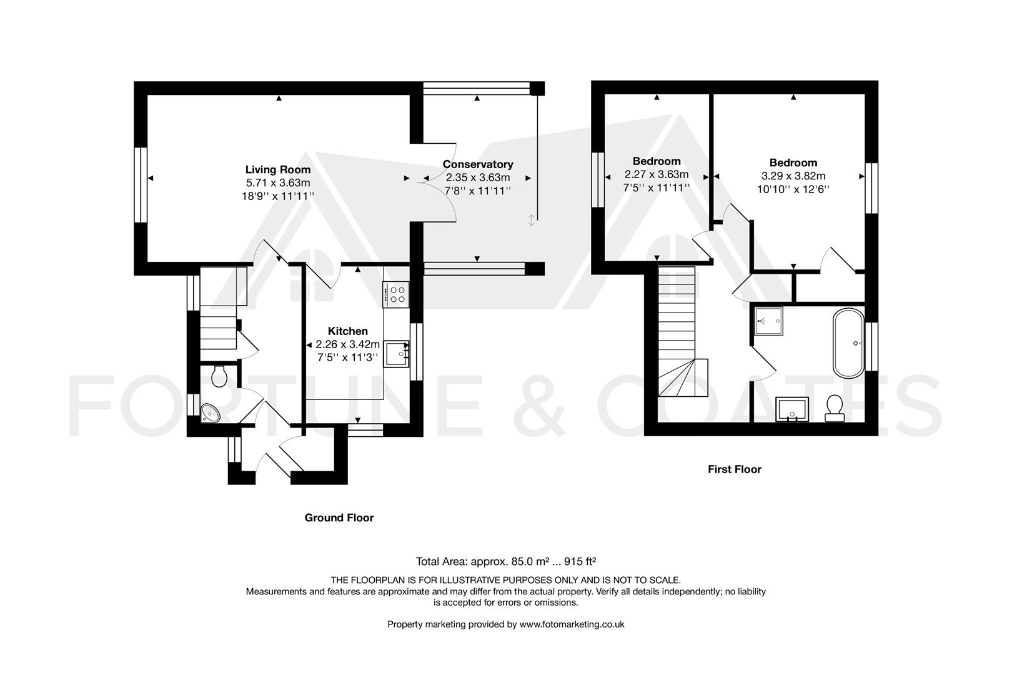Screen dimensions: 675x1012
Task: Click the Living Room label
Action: (277, 169)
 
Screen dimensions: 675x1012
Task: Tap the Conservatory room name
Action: (478, 164)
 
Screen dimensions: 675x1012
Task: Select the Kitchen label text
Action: (348, 331)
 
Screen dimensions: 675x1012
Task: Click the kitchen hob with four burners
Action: (396, 294)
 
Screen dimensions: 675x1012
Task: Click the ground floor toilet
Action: (219, 376)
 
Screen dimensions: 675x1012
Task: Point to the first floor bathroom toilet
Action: (834, 408)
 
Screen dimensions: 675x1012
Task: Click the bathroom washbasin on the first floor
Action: (792, 409)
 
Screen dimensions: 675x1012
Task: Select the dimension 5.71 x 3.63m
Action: (277, 183)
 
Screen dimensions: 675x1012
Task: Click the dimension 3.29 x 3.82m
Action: (793, 176)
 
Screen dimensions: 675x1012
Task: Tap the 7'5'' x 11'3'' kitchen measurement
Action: (347, 357)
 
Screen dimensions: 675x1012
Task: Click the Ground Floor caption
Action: (339, 517)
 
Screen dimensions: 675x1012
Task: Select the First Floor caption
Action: (734, 469)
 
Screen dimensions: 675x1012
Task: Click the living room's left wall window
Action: (141, 185)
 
